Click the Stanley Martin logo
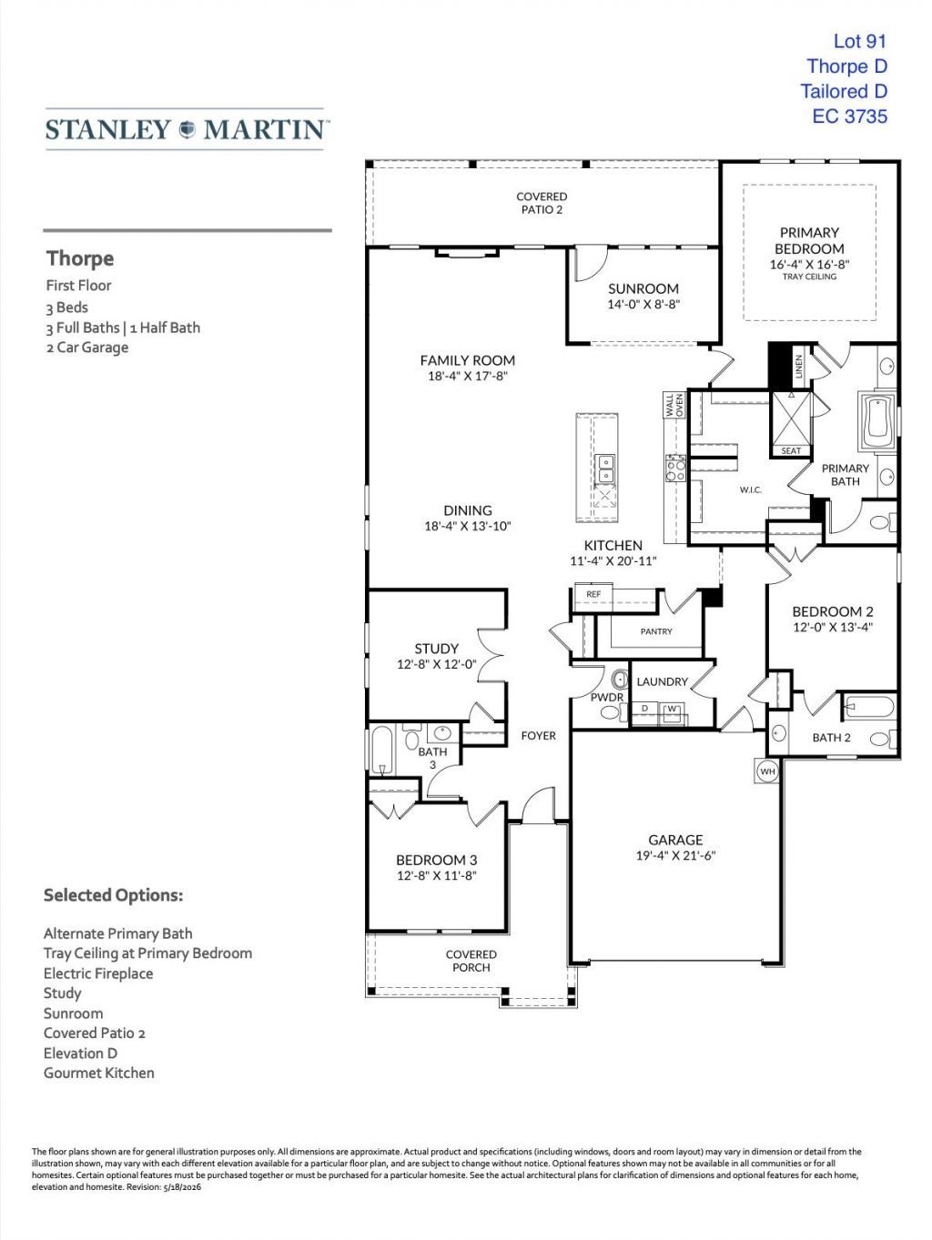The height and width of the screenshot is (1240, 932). click(x=185, y=129)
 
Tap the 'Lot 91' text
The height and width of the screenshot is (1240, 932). click(x=859, y=41)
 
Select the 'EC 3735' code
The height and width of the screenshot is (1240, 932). click(x=849, y=116)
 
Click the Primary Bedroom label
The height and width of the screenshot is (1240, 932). click(x=809, y=241)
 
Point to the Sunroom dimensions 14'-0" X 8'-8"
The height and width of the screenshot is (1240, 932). click(x=643, y=305)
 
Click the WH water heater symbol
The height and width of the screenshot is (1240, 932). click(x=767, y=771)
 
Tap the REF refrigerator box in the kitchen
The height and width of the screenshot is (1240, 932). click(x=593, y=594)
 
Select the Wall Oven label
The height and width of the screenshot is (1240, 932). click(x=674, y=405)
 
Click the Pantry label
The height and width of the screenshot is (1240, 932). click(x=656, y=631)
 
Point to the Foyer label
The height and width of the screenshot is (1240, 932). click(x=538, y=735)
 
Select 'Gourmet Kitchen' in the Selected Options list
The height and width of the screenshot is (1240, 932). click(x=99, y=1073)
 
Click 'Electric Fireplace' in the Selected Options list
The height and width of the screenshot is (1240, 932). click(x=98, y=973)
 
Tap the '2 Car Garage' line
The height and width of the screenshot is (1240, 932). click(x=87, y=347)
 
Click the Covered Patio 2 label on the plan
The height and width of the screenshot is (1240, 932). click(x=542, y=203)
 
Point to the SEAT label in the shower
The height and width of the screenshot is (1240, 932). click(x=791, y=451)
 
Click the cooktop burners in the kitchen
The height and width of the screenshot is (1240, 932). click(x=675, y=469)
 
